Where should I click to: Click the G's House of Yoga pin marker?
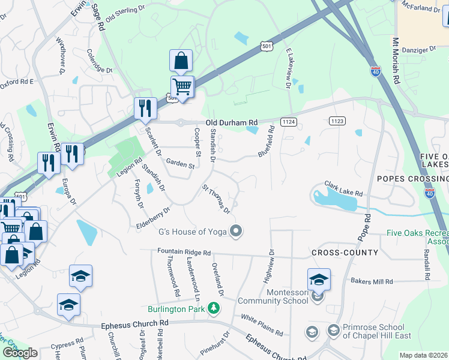click(237, 231)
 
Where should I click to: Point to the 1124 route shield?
click(289, 122)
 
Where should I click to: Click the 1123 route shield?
click(337, 121)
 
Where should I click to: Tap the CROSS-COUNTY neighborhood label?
click(345, 253)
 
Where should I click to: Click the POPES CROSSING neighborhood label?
click(412, 179)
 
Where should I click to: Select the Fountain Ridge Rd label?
click(184, 253)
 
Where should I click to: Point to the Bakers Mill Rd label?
click(372, 281)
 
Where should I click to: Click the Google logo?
click(20, 353)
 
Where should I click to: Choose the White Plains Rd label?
click(262, 323)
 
